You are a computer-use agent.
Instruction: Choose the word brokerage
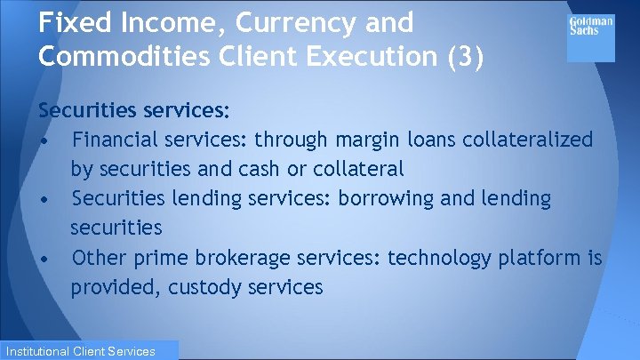pos(235,258)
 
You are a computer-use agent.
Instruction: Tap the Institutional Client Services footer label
pos(89,351)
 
